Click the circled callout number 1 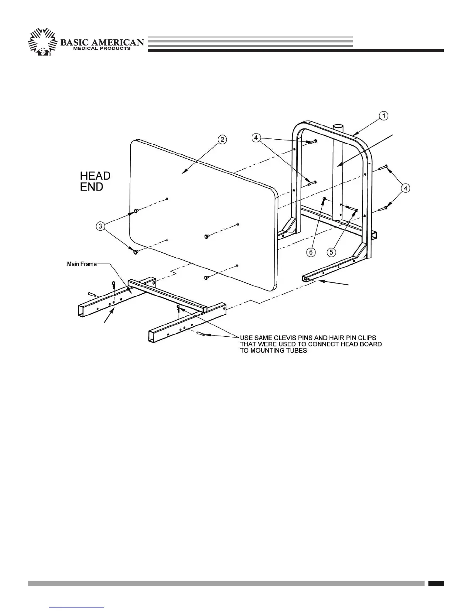coord(383,116)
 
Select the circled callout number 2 coord(222,140)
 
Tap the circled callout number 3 coord(101,226)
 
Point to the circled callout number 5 coord(331,252)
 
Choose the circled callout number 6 coord(311,252)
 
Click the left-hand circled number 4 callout coord(257,137)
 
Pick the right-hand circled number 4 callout coord(405,188)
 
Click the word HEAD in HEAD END coord(95,176)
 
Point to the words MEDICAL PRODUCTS coord(102,49)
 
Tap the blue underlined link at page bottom coord(77,607)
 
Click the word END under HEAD coord(92,187)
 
